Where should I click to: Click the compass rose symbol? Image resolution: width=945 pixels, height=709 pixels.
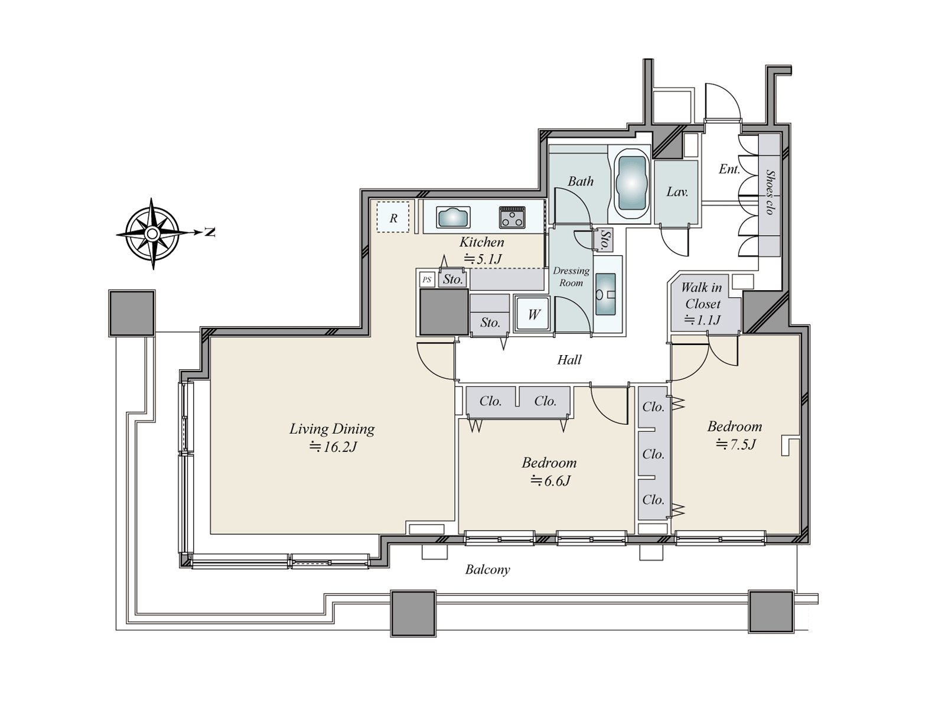pyautogui.click(x=152, y=234)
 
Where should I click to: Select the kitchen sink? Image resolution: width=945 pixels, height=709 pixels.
pyautogui.click(x=453, y=217)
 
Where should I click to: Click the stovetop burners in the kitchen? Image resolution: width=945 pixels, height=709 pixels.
pyautogui.click(x=512, y=217)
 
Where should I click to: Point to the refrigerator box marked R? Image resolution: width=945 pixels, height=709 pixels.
pyautogui.click(x=393, y=217)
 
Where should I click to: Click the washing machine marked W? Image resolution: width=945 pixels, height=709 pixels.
pyautogui.click(x=533, y=314)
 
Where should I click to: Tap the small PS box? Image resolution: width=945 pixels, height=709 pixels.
pyautogui.click(x=426, y=280)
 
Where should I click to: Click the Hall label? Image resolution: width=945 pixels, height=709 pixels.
pyautogui.click(x=569, y=360)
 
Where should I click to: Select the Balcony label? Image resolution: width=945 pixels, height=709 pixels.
pyautogui.click(x=488, y=570)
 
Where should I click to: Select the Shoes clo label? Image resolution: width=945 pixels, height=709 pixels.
pyautogui.click(x=770, y=192)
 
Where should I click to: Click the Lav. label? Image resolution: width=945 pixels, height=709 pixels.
pyautogui.click(x=677, y=191)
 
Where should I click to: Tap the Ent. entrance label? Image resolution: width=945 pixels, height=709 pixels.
pyautogui.click(x=729, y=169)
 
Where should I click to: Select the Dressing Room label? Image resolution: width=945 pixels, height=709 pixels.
pyautogui.click(x=571, y=277)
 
